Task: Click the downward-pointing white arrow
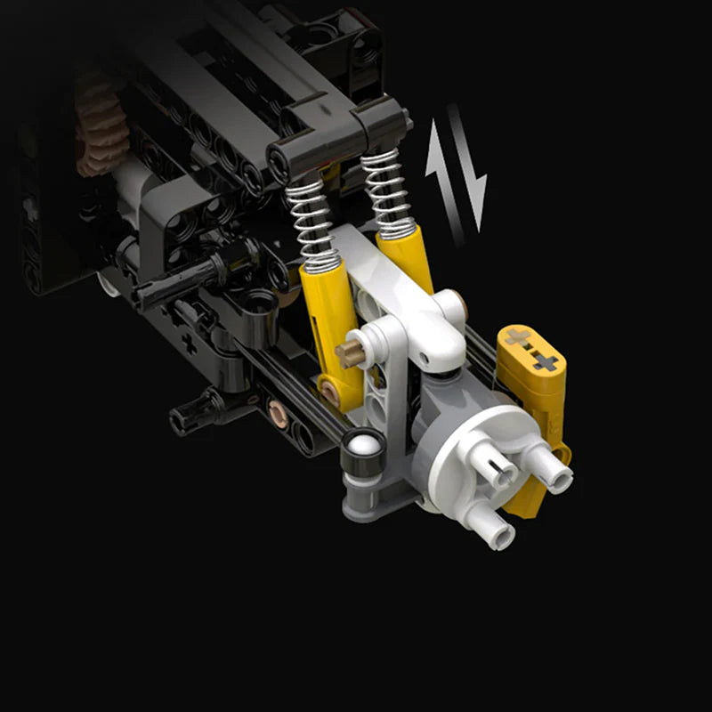[472, 174]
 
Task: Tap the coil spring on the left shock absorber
[313, 222]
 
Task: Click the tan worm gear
[98, 133]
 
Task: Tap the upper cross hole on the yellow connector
[517, 337]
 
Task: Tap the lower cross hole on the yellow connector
[545, 361]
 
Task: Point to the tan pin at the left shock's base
[329, 391]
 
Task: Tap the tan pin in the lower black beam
[278, 412]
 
